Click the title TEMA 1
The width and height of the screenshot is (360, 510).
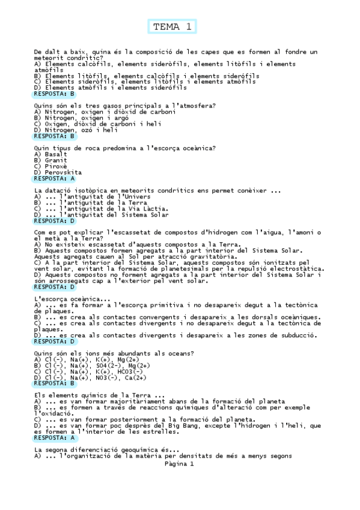pyautogui.click(x=172, y=26)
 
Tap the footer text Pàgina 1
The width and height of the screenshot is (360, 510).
pyautogui.click(x=180, y=464)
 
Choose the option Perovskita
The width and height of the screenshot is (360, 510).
pyautogui.click(x=63, y=172)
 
